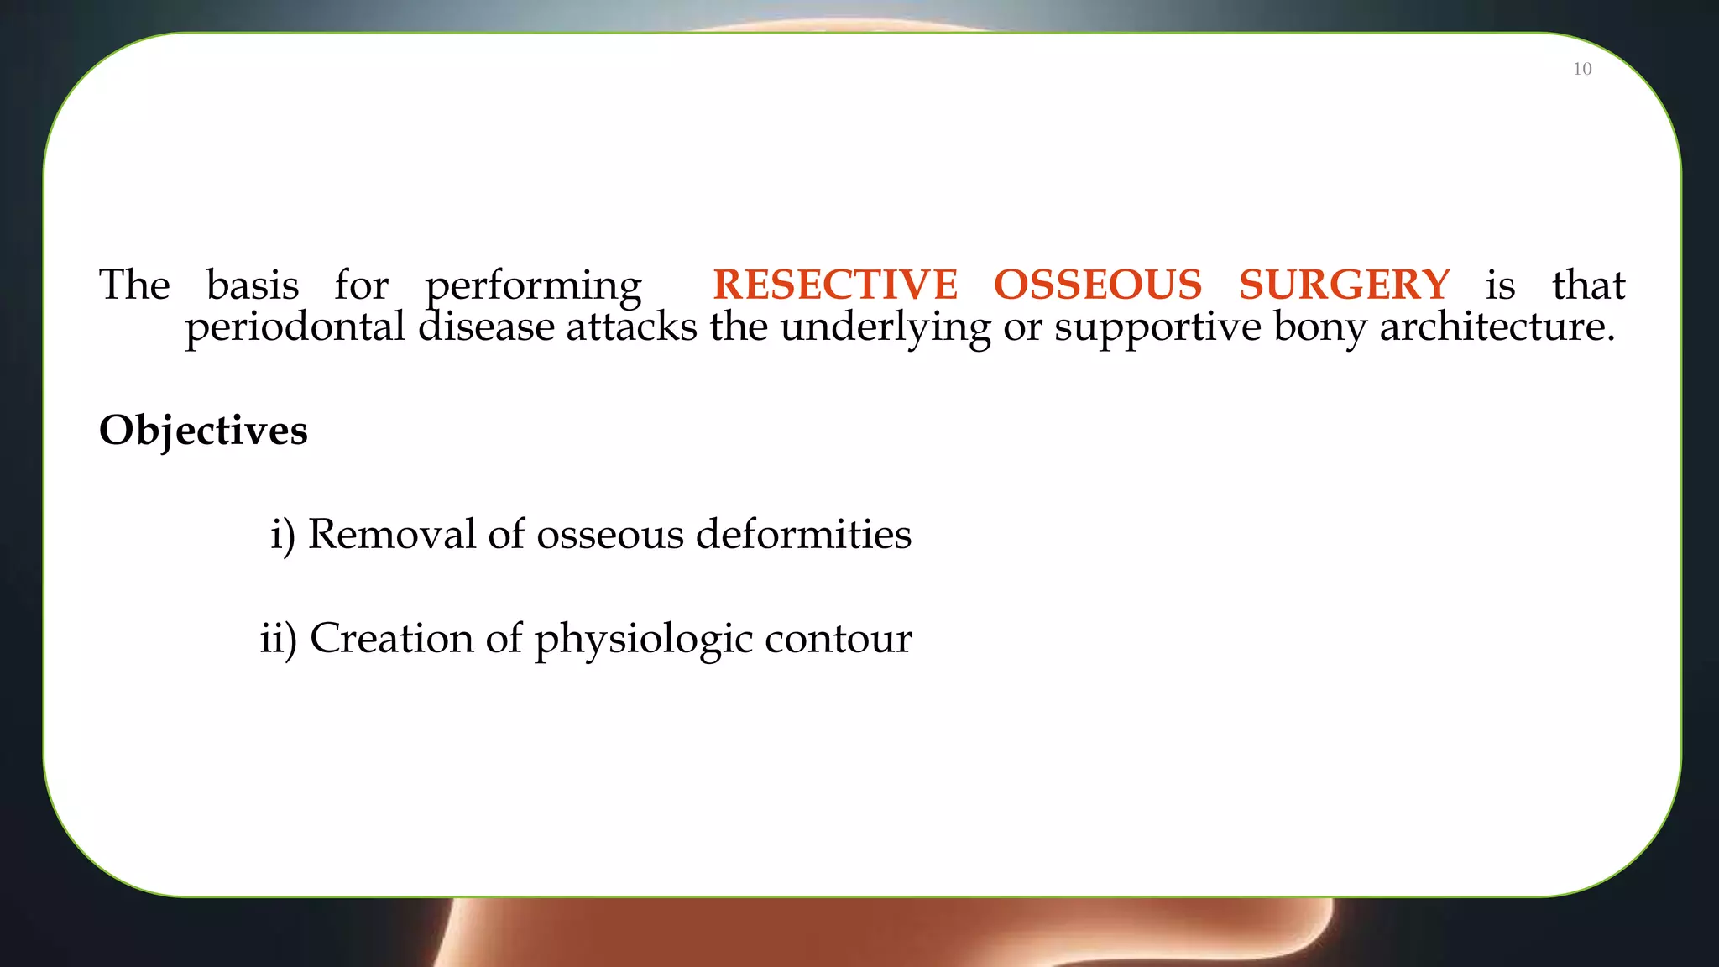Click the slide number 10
[1582, 69]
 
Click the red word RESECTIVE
[835, 285]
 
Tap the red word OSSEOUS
[1098, 285]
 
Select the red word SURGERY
[1344, 285]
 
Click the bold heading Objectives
[203, 431]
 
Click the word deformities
[803, 534]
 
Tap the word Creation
[391, 638]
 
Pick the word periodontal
[295, 327]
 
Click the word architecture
[1497, 327]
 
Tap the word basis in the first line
[253, 285]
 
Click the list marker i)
[283, 535]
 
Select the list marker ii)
[278, 639]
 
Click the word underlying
[886, 328]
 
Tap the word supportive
[1157, 328]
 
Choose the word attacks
[631, 327]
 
